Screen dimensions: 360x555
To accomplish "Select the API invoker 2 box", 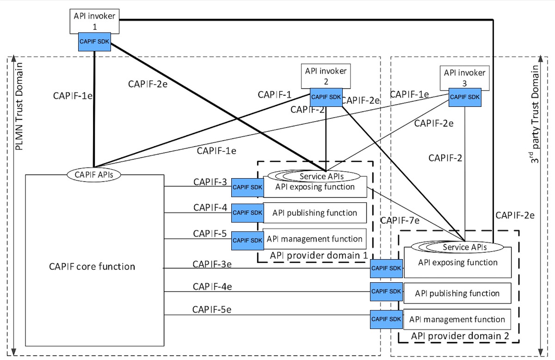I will (326, 75).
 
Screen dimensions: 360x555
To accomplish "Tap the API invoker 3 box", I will (464, 76).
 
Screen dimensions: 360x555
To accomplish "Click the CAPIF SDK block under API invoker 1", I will (94, 41).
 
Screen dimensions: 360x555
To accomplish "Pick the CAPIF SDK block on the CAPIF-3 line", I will (247, 187).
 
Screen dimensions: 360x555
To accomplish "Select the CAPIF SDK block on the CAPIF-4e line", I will (386, 292).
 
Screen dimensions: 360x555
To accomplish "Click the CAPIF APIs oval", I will (95, 175).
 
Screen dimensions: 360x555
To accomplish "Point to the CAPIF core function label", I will (92, 267).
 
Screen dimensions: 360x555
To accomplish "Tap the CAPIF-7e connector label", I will (400, 221).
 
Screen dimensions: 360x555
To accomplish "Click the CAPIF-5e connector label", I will (212, 309).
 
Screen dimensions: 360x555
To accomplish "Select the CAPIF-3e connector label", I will (212, 264).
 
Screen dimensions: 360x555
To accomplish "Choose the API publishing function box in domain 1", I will (314, 213).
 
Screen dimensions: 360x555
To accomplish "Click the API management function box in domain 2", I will (457, 319).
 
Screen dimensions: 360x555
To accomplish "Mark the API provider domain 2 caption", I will (460, 336).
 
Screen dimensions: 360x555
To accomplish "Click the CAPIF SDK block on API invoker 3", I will (465, 97).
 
